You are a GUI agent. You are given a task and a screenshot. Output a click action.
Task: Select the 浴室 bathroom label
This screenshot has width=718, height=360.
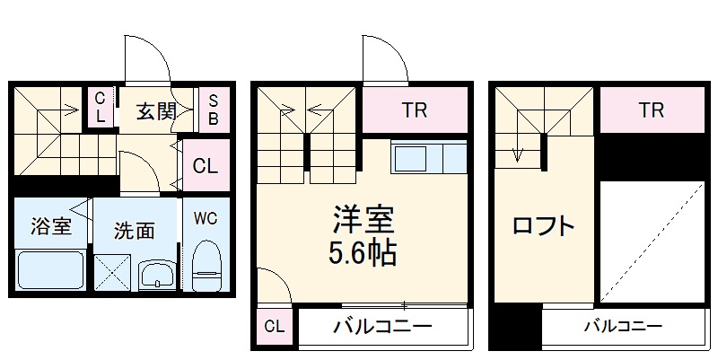click(x=50, y=226)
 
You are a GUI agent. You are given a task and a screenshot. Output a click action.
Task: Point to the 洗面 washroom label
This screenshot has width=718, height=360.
click(x=133, y=230)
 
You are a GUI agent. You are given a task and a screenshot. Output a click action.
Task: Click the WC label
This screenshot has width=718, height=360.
click(x=206, y=218)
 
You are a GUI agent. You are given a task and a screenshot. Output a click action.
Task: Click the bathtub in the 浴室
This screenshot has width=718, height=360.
click(x=50, y=270)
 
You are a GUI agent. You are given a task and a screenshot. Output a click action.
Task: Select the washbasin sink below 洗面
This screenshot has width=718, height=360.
click(x=158, y=273)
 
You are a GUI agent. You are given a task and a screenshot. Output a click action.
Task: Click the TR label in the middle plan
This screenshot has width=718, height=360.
click(x=414, y=111)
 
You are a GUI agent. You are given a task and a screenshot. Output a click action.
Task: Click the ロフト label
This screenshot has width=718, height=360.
click(x=543, y=226)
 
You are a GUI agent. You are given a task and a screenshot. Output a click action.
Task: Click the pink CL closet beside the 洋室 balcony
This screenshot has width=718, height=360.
click(x=274, y=327)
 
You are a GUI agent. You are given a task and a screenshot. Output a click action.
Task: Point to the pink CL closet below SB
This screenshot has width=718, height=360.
click(x=206, y=166)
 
